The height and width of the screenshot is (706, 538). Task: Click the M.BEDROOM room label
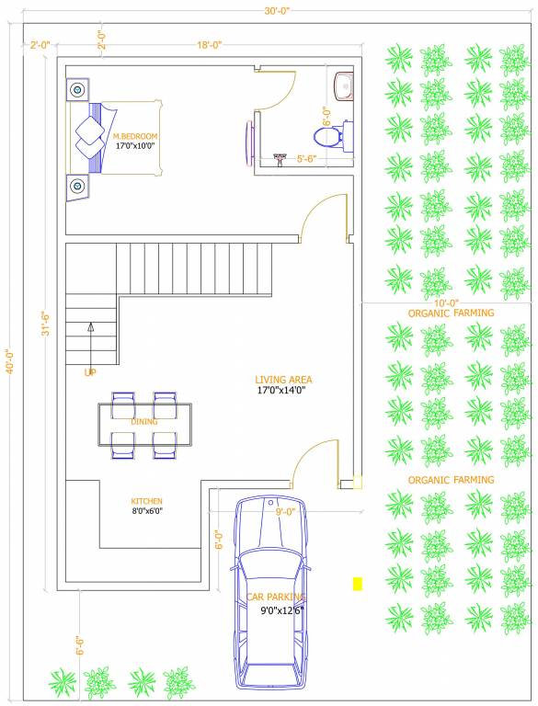tap(135, 136)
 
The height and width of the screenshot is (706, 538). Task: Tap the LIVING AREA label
tap(283, 380)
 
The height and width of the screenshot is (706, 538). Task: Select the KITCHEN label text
tap(146, 501)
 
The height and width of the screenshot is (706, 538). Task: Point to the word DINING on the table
tap(144, 422)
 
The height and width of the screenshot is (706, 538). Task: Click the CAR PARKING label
tap(276, 597)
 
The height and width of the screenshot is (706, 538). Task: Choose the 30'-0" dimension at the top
tap(277, 11)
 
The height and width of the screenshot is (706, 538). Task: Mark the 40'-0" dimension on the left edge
tap(10, 361)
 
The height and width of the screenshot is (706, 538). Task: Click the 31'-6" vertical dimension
tap(46, 325)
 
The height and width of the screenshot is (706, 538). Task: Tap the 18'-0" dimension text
tap(210, 45)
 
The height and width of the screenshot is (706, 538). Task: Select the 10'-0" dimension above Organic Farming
tap(446, 304)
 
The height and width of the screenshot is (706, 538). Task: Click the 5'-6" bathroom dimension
tap(306, 159)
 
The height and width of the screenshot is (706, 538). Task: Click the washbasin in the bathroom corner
tap(343, 85)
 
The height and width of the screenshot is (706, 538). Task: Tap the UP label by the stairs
tap(90, 372)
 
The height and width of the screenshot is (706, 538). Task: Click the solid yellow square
tap(358, 584)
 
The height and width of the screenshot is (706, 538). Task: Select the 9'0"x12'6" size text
tap(282, 611)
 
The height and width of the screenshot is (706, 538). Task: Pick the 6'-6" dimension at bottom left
tap(80, 645)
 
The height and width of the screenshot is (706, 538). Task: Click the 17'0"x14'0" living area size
tap(281, 391)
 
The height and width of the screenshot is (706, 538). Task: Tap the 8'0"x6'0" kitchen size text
tap(147, 511)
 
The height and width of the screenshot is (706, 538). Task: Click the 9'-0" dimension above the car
tap(285, 512)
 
